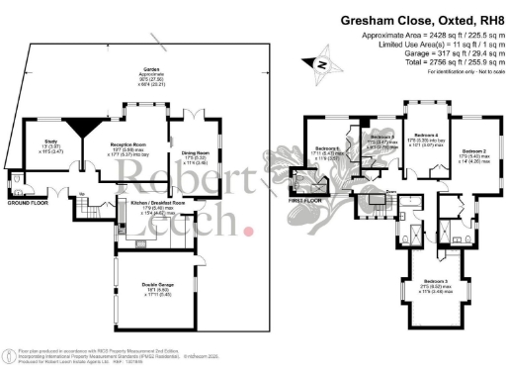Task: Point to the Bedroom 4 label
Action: pos(425,135)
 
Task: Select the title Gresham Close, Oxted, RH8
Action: pos(421,19)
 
